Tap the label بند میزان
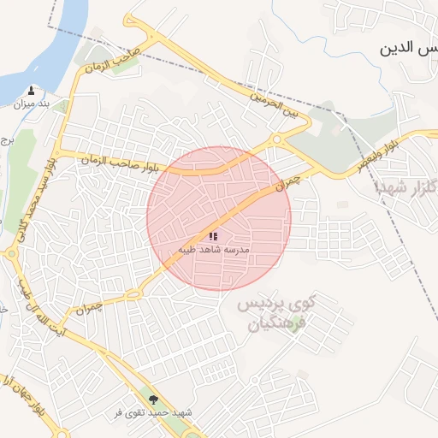(x=33, y=104)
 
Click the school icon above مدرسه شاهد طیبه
(x=214, y=235)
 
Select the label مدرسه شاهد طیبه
(x=213, y=249)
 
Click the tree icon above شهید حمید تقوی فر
(x=154, y=399)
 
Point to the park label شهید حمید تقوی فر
(x=154, y=412)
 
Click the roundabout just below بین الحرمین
(x=275, y=140)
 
